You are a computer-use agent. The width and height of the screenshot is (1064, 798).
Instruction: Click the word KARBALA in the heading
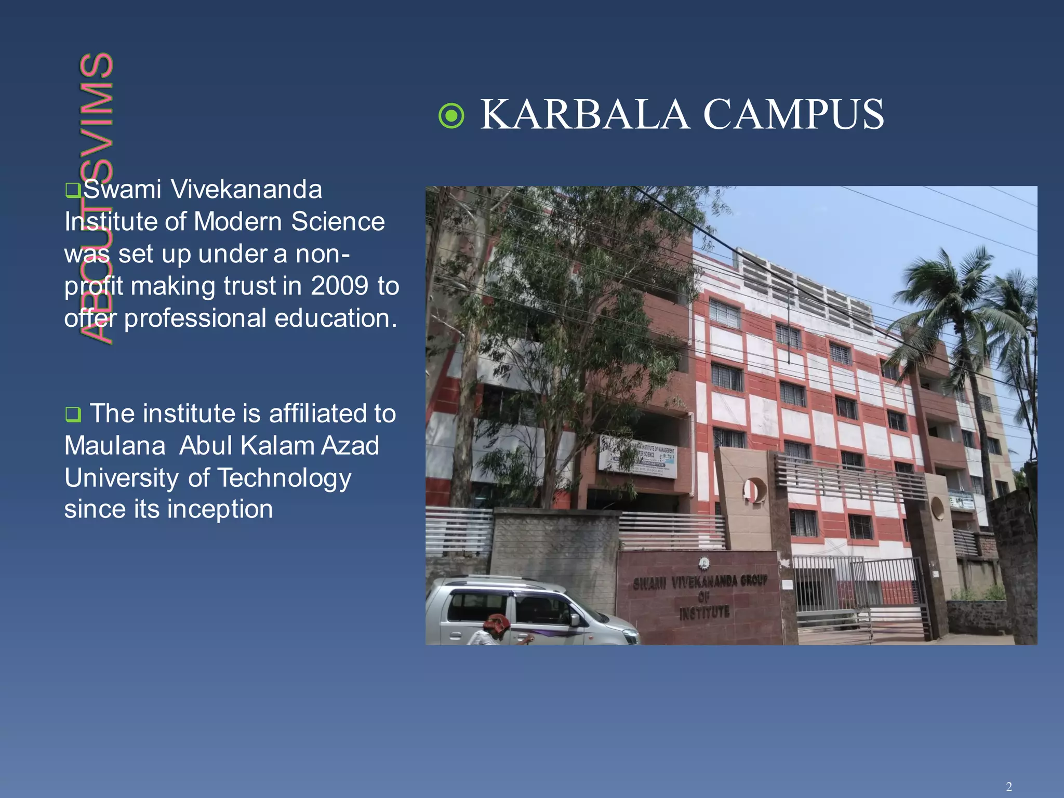[x=585, y=115]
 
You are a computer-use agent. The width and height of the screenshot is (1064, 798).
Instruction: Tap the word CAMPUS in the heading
[x=793, y=115]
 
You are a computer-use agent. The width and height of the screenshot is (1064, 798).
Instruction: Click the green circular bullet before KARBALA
[x=451, y=115]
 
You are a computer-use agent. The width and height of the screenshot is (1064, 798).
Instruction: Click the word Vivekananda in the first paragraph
[x=246, y=190]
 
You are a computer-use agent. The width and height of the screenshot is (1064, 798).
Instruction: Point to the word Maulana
[x=115, y=446]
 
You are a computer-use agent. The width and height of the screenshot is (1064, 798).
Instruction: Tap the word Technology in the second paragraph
[x=284, y=478]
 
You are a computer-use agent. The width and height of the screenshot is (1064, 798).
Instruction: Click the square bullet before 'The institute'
[x=73, y=415]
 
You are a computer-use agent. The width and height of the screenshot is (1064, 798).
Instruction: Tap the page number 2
[x=1008, y=787]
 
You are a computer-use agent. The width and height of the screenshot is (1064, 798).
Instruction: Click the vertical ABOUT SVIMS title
[x=97, y=197]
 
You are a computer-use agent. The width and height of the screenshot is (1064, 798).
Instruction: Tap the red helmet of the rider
[x=498, y=622]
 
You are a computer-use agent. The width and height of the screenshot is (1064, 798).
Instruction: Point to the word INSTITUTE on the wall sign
[x=704, y=613]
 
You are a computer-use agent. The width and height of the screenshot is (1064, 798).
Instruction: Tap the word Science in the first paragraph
[x=338, y=222]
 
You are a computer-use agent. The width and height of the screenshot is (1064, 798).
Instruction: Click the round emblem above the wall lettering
[x=704, y=563]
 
